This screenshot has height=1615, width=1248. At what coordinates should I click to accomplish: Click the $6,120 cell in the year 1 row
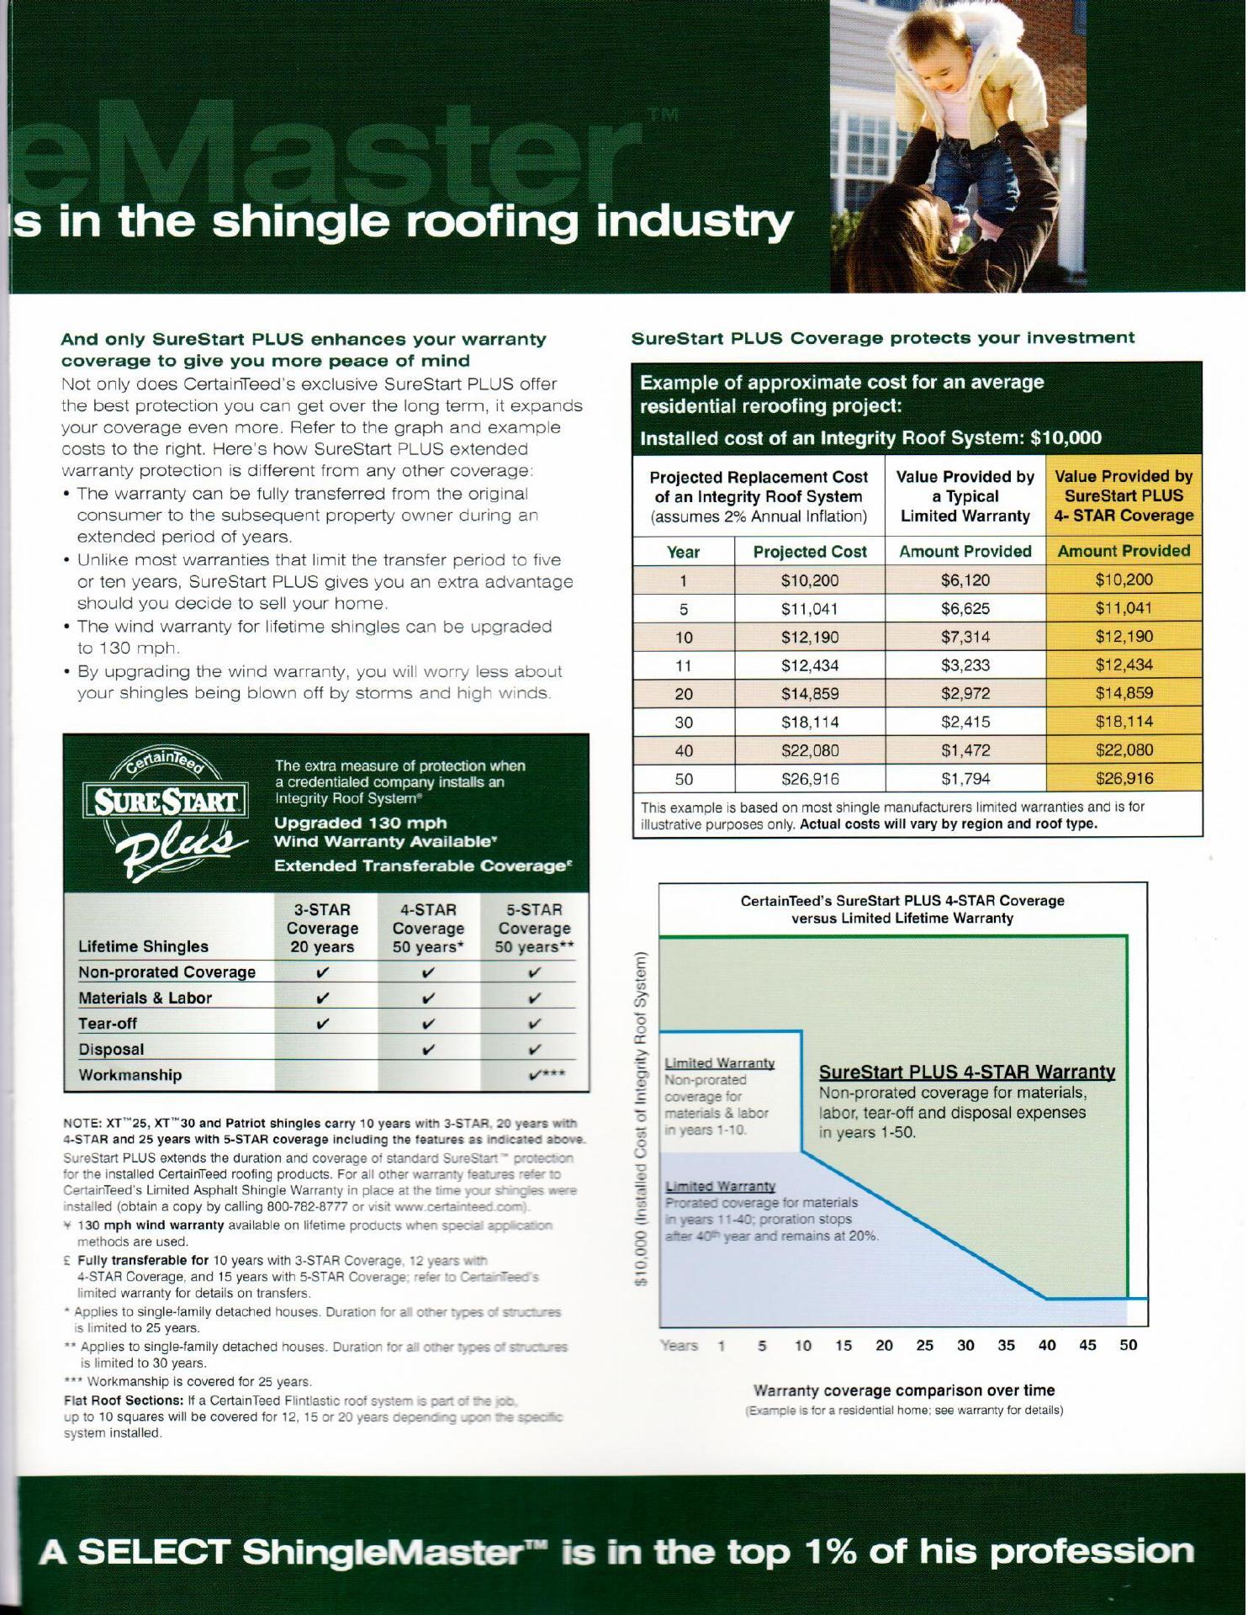point(965,580)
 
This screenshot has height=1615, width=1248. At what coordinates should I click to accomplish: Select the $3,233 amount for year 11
point(965,665)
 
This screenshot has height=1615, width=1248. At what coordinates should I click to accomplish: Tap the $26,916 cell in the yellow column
point(1124,778)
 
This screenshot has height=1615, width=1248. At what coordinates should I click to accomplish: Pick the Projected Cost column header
point(809,552)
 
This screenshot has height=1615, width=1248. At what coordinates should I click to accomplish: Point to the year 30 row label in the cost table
point(684,722)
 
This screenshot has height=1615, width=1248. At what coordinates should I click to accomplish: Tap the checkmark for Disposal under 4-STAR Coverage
point(428,1049)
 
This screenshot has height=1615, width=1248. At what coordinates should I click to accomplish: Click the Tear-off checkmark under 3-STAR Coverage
point(322,1024)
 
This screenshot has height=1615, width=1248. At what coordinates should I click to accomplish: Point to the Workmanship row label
point(130,1075)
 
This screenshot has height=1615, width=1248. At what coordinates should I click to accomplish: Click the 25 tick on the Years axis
point(924,1345)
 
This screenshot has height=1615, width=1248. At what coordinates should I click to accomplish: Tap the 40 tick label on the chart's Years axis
point(1046,1345)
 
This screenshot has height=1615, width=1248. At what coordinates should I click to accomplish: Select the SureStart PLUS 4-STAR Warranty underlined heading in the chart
point(967,1072)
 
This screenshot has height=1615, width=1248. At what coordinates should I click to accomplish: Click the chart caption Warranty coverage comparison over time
point(903,1390)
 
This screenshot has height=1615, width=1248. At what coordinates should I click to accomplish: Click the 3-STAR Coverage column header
point(322,928)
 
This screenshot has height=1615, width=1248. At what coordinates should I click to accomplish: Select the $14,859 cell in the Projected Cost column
point(809,694)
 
